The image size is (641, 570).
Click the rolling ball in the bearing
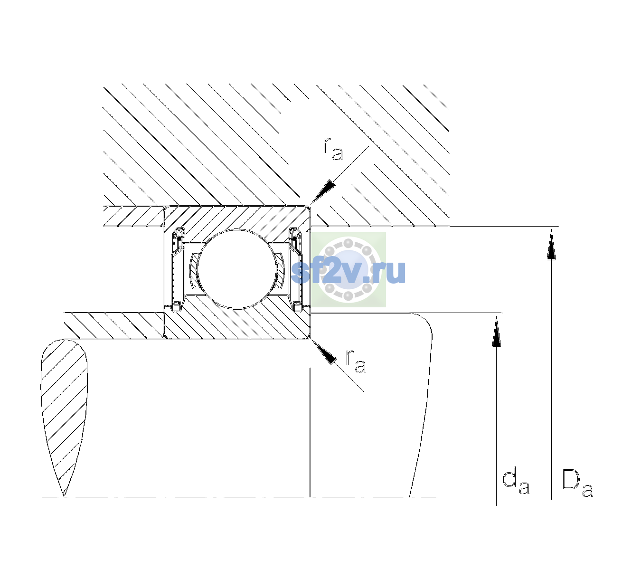236,269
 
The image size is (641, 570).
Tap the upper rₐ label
332,149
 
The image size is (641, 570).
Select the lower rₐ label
356,361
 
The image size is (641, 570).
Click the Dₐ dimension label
577,483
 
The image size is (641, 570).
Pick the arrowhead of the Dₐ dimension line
551,245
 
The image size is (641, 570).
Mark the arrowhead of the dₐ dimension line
496,331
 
